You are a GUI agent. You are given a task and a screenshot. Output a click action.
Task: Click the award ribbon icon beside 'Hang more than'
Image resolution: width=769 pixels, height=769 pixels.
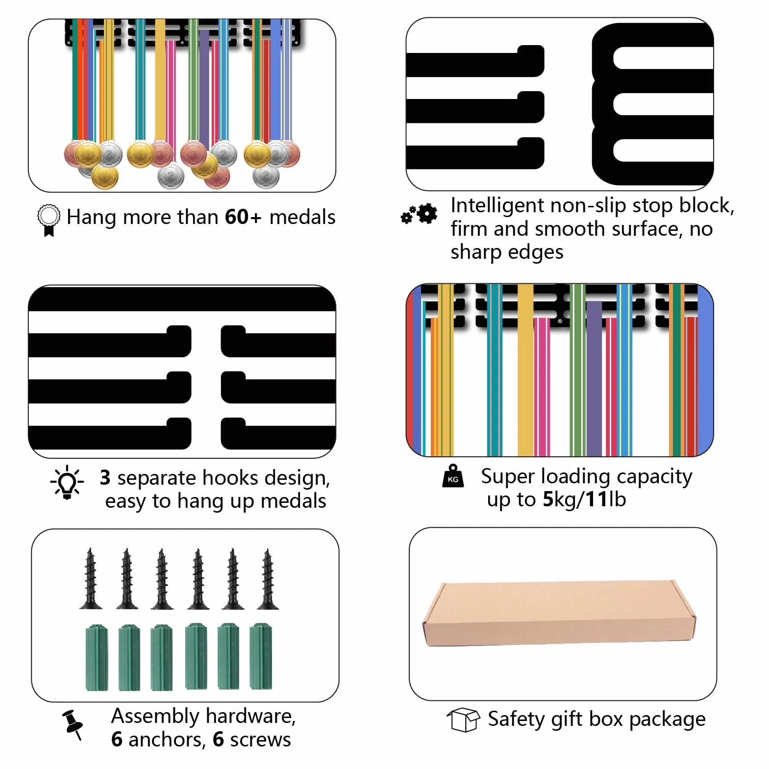(49, 220)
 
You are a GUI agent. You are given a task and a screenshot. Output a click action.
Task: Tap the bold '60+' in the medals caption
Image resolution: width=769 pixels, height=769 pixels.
(243, 217)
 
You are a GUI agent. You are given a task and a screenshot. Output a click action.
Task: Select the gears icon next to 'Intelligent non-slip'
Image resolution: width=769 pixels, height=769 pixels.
(419, 214)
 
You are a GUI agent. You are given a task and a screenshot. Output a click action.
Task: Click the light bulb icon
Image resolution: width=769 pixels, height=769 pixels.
(67, 482)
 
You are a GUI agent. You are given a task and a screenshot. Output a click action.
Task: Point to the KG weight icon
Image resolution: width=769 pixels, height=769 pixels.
(453, 476)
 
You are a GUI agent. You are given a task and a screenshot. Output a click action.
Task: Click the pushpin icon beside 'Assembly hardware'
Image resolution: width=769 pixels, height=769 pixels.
(73, 724)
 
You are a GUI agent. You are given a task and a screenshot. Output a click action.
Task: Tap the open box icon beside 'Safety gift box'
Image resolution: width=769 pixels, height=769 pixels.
(463, 719)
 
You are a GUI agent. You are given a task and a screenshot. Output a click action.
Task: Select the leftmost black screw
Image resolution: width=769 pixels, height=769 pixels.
(91, 579)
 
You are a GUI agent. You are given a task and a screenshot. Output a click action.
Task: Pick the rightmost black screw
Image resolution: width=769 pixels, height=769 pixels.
(268, 579)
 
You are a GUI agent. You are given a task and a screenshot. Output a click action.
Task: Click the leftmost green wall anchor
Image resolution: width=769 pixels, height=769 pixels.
(97, 657)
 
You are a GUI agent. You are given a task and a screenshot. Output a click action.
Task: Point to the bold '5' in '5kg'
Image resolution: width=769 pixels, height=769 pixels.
(548, 499)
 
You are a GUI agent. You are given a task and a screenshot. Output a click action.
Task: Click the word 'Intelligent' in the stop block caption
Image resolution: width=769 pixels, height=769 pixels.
(497, 206)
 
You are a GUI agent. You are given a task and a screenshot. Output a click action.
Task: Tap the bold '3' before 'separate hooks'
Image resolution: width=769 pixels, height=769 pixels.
(105, 477)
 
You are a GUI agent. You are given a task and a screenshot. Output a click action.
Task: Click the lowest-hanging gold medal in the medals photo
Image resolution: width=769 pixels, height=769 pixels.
(105, 177)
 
